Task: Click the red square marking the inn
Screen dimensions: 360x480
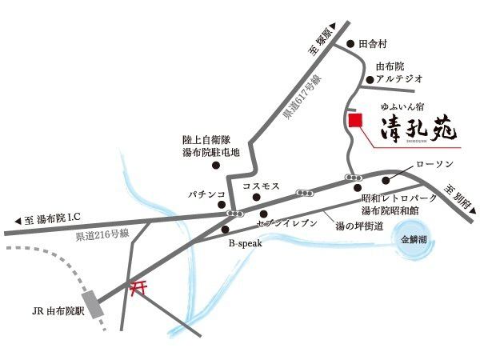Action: point(356,120)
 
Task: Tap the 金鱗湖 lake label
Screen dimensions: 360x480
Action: point(414,238)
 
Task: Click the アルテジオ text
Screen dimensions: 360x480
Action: point(398,79)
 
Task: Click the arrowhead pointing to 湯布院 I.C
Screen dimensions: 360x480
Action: point(18,219)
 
